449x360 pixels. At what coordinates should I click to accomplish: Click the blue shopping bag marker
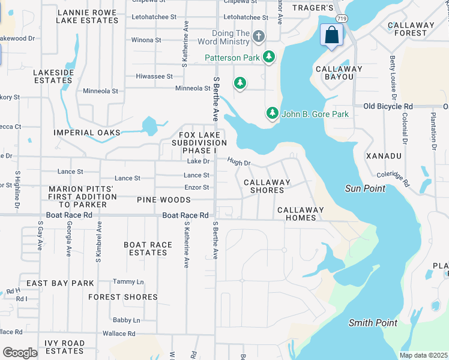tap(331, 35)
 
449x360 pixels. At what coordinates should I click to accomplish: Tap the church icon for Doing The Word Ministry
tap(259, 37)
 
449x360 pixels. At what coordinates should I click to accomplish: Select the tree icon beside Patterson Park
tap(270, 58)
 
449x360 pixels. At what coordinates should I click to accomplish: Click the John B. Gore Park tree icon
tap(273, 113)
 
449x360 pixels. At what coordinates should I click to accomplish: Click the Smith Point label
tap(373, 323)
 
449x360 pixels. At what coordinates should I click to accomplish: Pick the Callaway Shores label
tap(267, 186)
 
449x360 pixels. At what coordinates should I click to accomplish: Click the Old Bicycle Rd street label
tap(388, 106)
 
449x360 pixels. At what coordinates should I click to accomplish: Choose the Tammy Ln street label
tap(128, 281)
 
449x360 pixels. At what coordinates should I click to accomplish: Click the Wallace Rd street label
tap(118, 334)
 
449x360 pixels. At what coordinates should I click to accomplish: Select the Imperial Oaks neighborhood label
tap(86, 132)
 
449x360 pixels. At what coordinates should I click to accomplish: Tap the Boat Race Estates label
tap(148, 248)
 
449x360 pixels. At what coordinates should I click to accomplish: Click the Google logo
tap(20, 352)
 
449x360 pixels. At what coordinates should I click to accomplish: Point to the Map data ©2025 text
tap(423, 355)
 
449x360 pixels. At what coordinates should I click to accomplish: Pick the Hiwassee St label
tap(154, 77)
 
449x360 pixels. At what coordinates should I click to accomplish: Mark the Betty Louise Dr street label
tap(393, 78)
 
